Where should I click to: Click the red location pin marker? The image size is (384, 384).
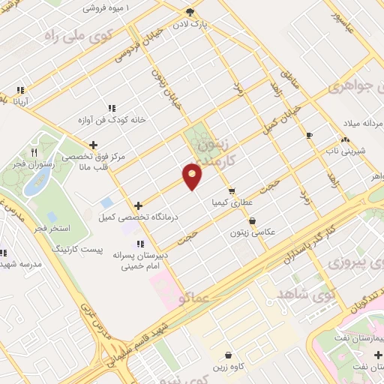[193, 175]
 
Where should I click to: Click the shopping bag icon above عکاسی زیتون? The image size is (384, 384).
[251, 220]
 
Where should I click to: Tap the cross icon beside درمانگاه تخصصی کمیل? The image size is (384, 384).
[137, 205]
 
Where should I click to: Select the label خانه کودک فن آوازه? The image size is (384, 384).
[112, 119]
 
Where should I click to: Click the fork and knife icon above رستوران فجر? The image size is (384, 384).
[32, 154]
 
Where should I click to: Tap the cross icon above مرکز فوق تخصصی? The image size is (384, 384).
[93, 145]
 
